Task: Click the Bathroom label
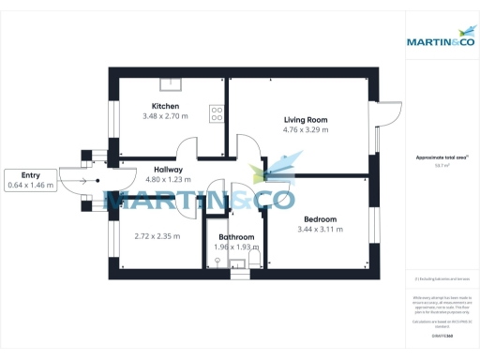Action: [234, 237]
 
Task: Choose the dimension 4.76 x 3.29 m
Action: [305, 130]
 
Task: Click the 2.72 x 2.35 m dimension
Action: [157, 236]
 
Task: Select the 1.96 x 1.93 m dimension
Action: [234, 247]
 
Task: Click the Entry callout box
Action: [31, 180]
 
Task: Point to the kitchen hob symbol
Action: [217, 113]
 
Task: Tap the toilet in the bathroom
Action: [253, 253]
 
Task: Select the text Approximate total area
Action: [436, 157]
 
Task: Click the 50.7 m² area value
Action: [436, 165]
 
